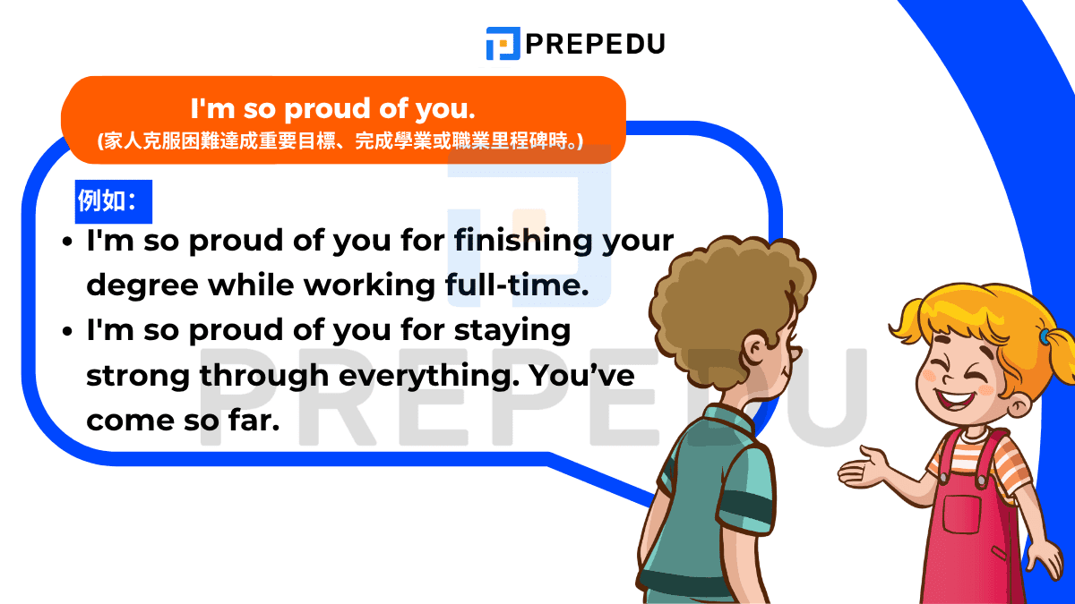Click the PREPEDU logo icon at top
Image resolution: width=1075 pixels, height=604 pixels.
click(x=503, y=43)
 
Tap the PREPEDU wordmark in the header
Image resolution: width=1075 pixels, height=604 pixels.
click(x=596, y=43)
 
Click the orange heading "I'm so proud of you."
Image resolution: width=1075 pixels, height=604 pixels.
click(x=332, y=109)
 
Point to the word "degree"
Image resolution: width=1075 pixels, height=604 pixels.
click(x=142, y=286)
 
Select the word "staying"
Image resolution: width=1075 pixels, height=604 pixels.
click(x=513, y=331)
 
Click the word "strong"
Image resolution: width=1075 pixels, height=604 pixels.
click(x=138, y=376)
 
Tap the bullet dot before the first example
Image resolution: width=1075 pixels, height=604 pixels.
click(x=68, y=242)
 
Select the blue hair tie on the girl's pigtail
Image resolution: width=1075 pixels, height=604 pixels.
click(x=1045, y=337)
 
